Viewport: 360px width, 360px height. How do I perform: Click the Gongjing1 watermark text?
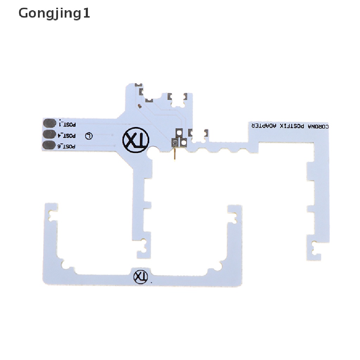click(x=54, y=14)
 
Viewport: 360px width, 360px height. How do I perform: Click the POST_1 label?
click(x=68, y=124)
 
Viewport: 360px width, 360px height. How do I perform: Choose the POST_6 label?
click(x=67, y=146)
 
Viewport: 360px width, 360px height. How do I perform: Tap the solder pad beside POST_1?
click(x=50, y=123)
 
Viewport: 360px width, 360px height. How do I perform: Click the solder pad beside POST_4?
click(x=50, y=134)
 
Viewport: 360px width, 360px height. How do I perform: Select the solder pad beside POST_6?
click(x=50, y=145)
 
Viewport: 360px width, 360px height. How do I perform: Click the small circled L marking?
click(x=89, y=136)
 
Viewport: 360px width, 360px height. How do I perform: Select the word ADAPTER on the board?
click(x=263, y=126)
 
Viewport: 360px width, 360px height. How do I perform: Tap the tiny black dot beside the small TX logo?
click(x=152, y=282)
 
